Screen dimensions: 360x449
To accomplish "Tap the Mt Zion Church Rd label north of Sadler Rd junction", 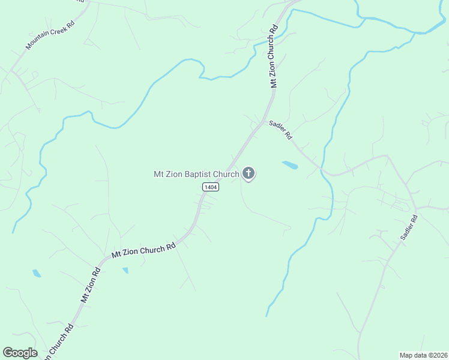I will pyautogui.click(x=274, y=56).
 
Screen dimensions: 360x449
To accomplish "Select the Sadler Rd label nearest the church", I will pyautogui.click(x=280, y=130).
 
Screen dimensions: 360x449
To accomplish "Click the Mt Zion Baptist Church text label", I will pyautogui.click(x=197, y=174).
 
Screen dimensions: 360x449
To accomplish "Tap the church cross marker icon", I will pyautogui.click(x=248, y=174).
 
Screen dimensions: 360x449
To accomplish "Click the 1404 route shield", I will pyautogui.click(x=210, y=187).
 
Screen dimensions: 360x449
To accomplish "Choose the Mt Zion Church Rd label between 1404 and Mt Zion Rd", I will pyautogui.click(x=143, y=250).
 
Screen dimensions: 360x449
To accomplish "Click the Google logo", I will pyautogui.click(x=20, y=353).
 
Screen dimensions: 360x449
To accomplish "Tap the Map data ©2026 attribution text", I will pyautogui.click(x=423, y=355).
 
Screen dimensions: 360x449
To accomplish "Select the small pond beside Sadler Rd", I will pyautogui.click(x=289, y=164).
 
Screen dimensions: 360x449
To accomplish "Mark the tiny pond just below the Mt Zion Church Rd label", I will pyautogui.click(x=125, y=271).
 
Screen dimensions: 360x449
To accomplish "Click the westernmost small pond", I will pyautogui.click(x=37, y=274).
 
